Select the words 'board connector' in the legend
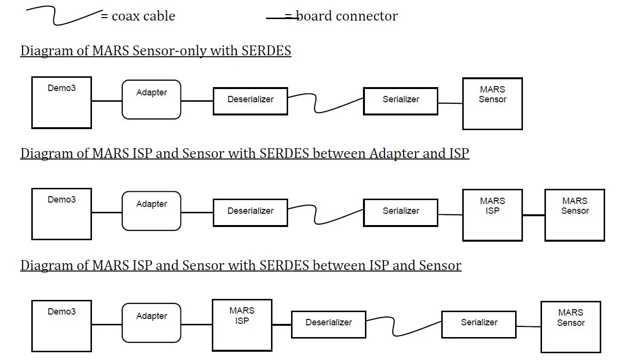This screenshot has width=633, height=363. tap(347, 16)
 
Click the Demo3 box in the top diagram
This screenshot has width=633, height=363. tap(62, 103)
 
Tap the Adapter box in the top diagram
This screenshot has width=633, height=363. tap(151, 100)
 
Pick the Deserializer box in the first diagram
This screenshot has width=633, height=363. tap(250, 101)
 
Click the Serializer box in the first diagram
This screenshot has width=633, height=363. tap(400, 101)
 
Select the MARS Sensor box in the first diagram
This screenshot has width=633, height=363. tap(492, 104)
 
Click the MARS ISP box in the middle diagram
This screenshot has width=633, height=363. tap(492, 215)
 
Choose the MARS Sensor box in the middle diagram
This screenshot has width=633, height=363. tap(574, 215)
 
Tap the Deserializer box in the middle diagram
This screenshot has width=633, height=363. tap(250, 212)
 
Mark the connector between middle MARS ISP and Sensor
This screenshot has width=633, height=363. tap(533, 215)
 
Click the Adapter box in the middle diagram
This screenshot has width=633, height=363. tap(151, 211)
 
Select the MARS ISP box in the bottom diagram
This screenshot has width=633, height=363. tap(242, 325)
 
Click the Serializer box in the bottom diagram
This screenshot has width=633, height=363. tap(478, 324)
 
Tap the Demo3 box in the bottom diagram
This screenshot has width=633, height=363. tap(62, 326)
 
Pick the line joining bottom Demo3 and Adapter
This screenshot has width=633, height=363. tap(106, 324)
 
